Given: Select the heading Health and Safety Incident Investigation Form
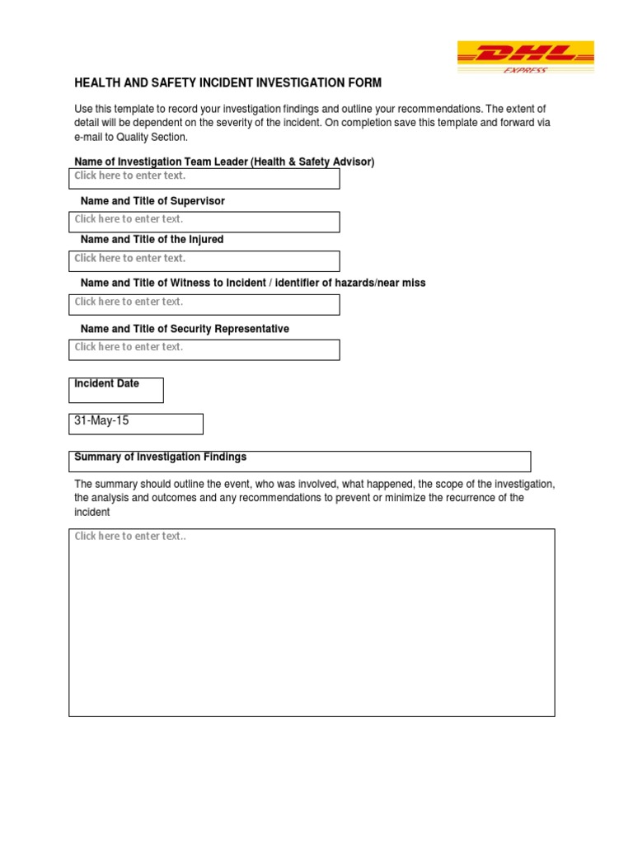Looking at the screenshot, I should point(228,83).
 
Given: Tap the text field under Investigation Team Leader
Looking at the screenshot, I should point(204,178).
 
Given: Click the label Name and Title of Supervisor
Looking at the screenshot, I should point(152,201).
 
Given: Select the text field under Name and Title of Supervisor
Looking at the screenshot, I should point(204,222).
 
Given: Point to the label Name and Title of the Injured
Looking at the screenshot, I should point(152,239).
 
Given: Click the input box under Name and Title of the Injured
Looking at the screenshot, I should point(204,260).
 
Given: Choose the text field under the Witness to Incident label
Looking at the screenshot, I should point(204,304).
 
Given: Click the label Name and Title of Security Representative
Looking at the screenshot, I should point(185,329).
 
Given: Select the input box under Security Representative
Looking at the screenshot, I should point(204,349).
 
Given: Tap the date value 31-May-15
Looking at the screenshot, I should point(102,421).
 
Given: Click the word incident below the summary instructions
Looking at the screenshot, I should point(91,512).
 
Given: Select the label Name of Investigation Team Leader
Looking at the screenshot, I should point(224,162).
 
